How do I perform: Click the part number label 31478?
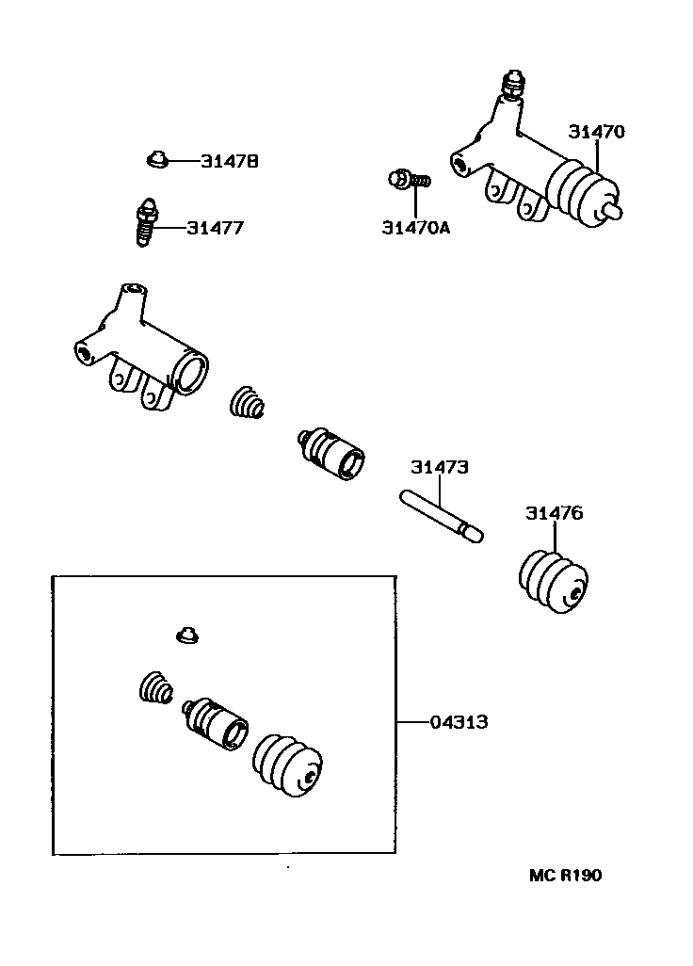coord(229,162)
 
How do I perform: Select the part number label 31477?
coord(215,228)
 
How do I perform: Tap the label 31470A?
coord(416,227)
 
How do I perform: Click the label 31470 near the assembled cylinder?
coord(595,133)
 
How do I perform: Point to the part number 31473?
coord(439,467)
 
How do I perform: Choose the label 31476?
coord(554,513)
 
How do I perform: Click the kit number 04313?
coord(459,722)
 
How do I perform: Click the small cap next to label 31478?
coord(156,160)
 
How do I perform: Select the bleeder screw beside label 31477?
coord(146,222)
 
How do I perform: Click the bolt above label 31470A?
coord(409,178)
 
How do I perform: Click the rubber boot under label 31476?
coord(555,579)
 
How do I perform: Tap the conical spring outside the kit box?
coord(248,402)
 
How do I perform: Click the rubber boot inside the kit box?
coord(287,766)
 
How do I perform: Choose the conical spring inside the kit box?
coord(155,690)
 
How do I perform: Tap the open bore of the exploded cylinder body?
coord(192,373)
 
